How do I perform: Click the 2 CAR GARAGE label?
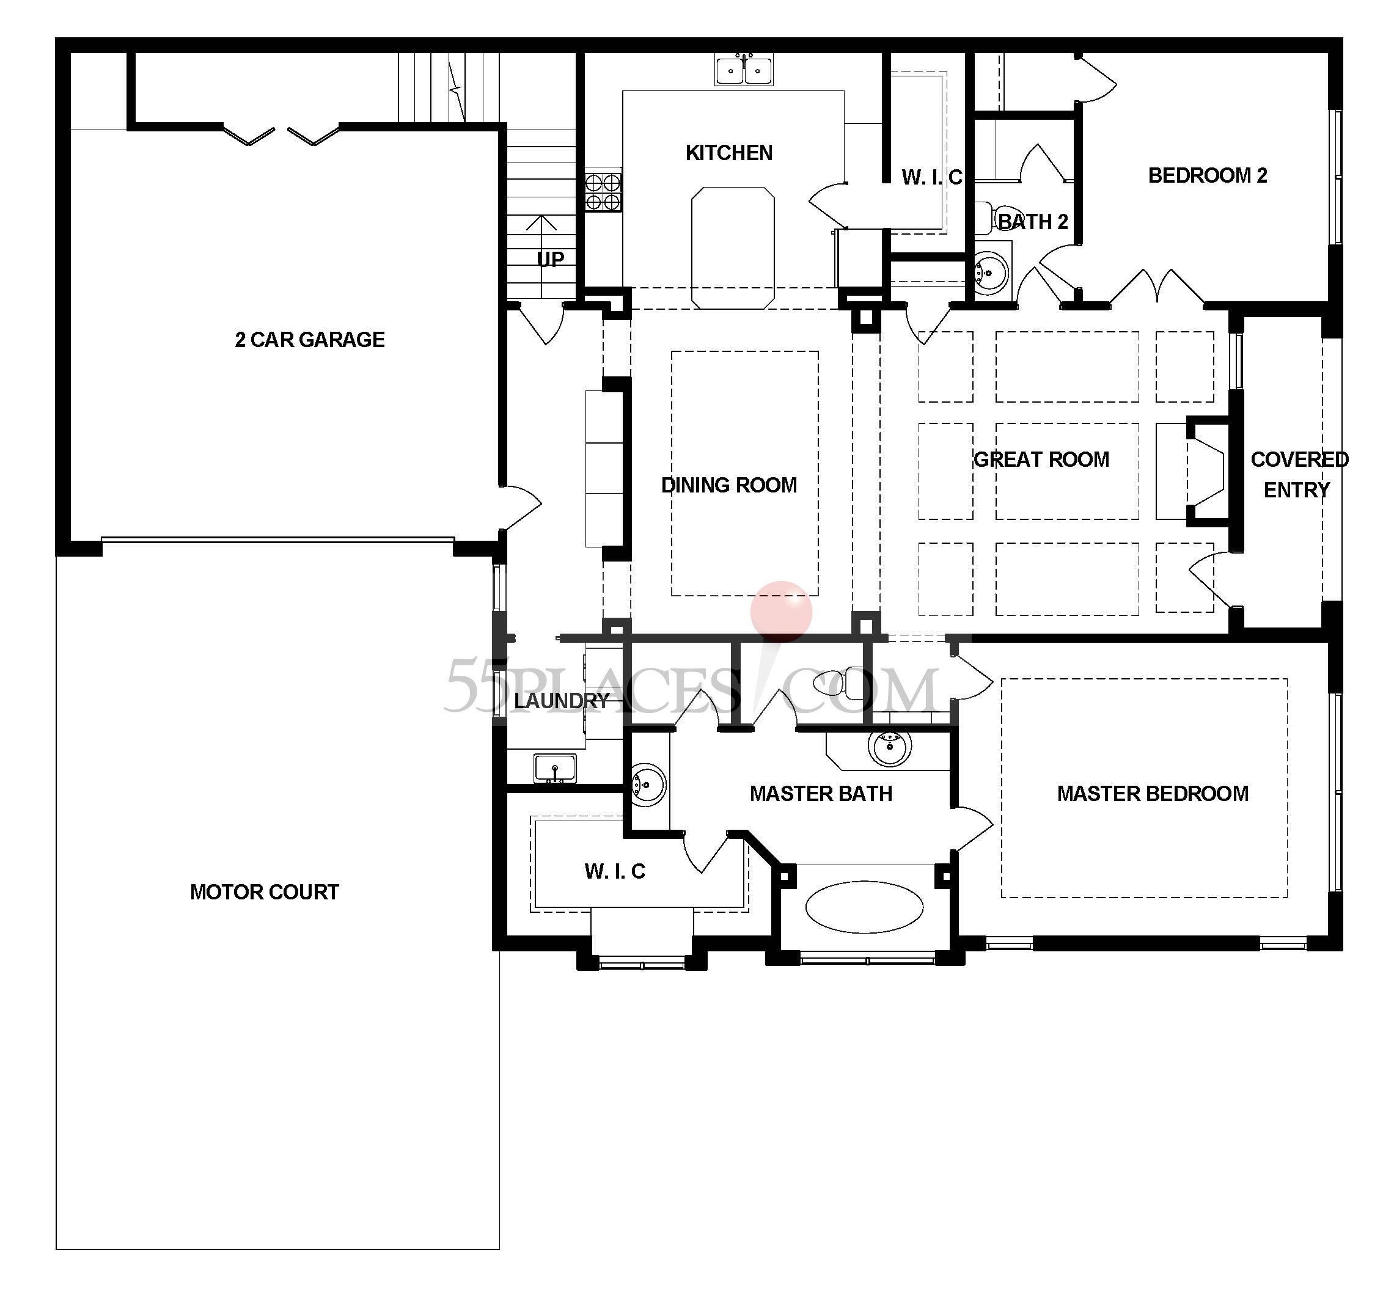point(309,339)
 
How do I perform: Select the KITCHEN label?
point(728,153)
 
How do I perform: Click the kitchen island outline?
point(733,247)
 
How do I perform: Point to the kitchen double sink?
point(744,70)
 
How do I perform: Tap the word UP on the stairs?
point(551,260)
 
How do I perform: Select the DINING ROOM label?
point(728,485)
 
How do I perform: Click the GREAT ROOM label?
point(1041,459)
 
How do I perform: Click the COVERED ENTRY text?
point(1299,474)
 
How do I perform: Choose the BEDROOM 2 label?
point(1208,175)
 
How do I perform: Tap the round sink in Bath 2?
point(991,271)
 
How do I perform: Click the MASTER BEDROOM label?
point(1153,794)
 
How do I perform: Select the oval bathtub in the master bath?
point(864,906)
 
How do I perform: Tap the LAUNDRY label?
point(561,700)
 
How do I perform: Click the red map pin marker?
point(780,611)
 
